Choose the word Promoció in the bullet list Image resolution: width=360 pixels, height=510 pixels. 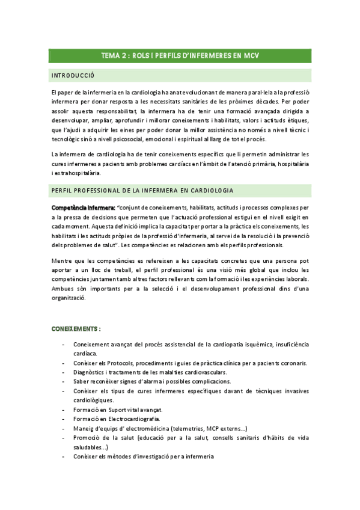tap(87, 438)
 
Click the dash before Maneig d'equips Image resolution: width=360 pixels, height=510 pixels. tap(64, 428)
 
